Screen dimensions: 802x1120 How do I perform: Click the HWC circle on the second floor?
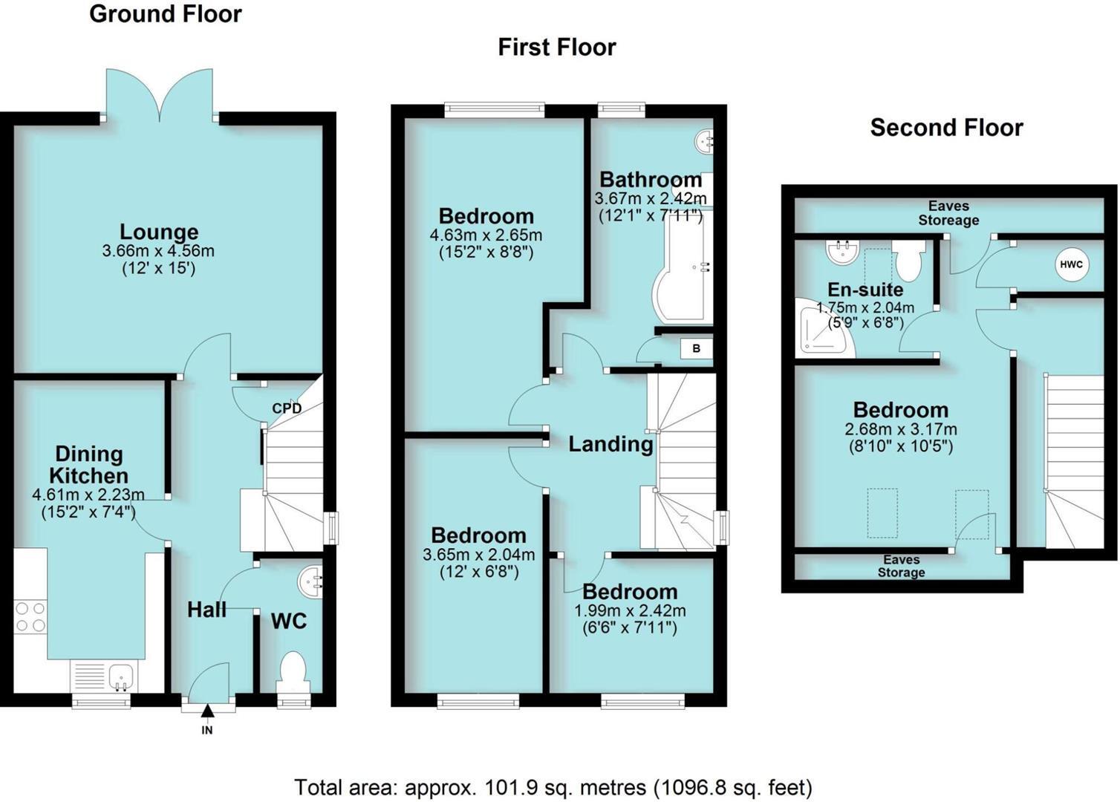pos(1071,265)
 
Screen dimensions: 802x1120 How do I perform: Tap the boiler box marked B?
pos(696,348)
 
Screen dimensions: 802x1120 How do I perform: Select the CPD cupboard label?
pos(287,408)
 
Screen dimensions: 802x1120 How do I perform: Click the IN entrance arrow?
pos(207,711)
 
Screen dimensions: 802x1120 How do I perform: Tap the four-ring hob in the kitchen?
pos(30,617)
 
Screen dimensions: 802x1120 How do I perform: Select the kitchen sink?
pos(120,677)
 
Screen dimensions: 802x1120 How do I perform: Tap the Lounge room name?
pos(159,232)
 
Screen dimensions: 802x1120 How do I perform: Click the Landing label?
pos(611,444)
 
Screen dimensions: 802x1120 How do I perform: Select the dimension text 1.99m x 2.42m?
pos(630,610)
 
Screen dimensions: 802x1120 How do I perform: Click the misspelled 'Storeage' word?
pos(948,221)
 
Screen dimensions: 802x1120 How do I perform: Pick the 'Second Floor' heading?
pos(946,128)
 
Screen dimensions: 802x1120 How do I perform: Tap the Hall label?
pos(206,610)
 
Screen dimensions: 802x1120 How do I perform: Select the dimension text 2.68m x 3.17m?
pos(900,429)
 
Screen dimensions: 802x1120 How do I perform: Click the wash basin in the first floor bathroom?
pos(703,139)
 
